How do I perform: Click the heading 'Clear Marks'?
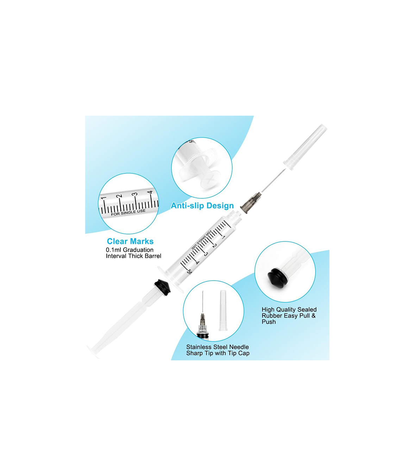(x=130, y=241)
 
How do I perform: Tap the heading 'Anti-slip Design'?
(x=202, y=206)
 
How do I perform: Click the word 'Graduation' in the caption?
(x=138, y=250)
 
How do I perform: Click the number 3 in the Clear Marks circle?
(x=135, y=194)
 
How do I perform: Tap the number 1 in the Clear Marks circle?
(x=103, y=198)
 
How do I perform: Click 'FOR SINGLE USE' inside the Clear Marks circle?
(x=128, y=212)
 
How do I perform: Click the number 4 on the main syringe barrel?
(x=197, y=263)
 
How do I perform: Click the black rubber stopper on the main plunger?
(x=163, y=288)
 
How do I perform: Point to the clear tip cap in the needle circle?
(x=223, y=310)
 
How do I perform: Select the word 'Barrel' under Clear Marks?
(x=153, y=256)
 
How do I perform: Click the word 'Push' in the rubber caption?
(x=269, y=322)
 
